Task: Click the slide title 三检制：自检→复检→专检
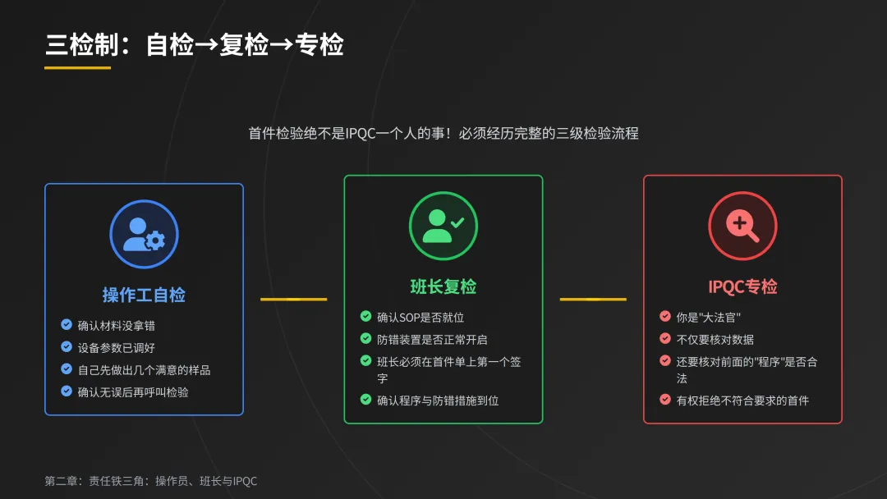tap(194, 45)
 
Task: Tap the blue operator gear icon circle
tap(144, 234)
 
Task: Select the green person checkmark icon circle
tap(443, 226)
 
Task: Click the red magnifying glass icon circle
tap(742, 226)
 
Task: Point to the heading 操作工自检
tap(144, 295)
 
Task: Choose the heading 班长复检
tap(443, 286)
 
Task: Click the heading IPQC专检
tap(742, 286)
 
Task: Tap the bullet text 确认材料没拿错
tap(117, 326)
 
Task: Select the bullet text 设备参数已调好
tap(117, 348)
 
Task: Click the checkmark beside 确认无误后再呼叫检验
tap(67, 391)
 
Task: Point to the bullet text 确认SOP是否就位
tap(421, 318)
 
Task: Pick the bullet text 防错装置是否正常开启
tap(432, 340)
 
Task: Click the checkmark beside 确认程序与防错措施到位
tap(365, 400)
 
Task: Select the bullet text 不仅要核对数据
tap(715, 340)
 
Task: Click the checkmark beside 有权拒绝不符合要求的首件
tap(665, 400)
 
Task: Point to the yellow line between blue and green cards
tap(293, 300)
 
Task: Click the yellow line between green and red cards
tap(593, 300)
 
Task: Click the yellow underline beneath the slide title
tap(77, 68)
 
